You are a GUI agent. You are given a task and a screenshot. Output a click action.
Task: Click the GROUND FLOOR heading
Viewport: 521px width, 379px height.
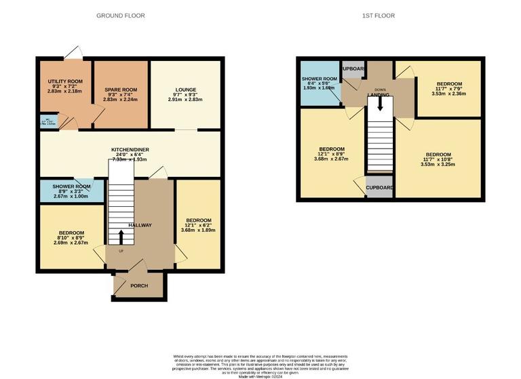click(120, 15)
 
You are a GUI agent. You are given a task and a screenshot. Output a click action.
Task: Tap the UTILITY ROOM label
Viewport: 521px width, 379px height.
click(65, 81)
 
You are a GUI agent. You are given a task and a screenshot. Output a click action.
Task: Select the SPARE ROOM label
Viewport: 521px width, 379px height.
click(121, 89)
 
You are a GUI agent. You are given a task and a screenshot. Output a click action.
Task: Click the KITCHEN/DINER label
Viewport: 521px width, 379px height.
click(130, 149)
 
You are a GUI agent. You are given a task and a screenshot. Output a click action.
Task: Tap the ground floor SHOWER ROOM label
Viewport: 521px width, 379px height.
click(71, 187)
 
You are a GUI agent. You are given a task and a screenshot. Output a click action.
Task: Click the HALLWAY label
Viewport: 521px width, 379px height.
click(140, 226)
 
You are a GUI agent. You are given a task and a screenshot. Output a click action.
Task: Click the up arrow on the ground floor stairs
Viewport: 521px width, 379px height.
click(121, 236)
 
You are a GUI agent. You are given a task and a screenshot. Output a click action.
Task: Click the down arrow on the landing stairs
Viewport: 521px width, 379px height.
click(380, 104)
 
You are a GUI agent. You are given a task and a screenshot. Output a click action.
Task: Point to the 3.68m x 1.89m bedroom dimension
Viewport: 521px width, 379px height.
click(198, 230)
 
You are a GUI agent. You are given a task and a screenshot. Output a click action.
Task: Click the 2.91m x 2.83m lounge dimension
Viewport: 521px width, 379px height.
click(185, 100)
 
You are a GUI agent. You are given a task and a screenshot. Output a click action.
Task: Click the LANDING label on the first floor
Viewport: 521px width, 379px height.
click(378, 95)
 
